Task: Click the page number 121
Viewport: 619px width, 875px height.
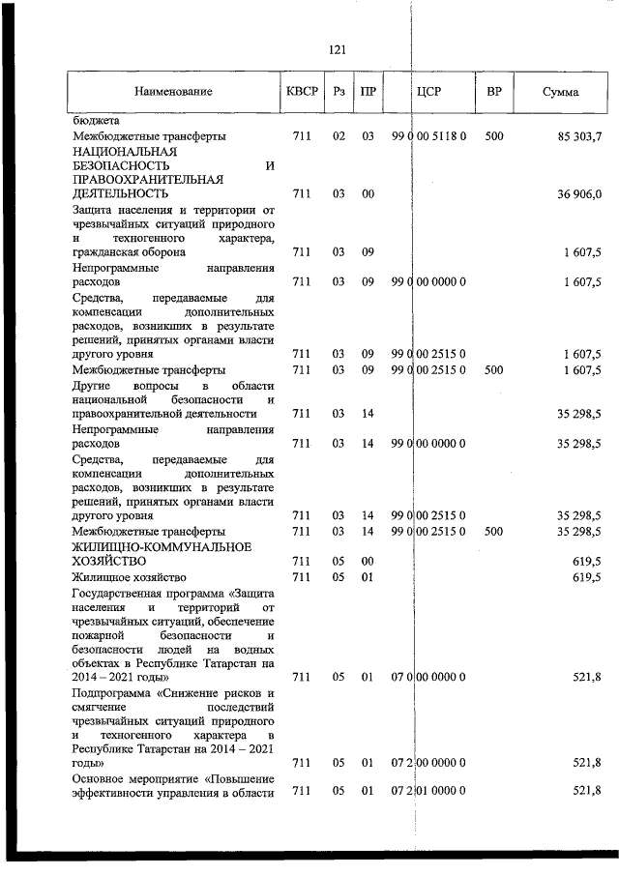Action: (x=338, y=50)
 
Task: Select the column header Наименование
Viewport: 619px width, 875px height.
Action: (x=174, y=92)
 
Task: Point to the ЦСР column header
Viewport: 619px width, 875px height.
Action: (x=427, y=92)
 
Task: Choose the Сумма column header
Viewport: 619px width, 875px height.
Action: (x=561, y=92)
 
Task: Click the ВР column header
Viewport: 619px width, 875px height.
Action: (x=494, y=92)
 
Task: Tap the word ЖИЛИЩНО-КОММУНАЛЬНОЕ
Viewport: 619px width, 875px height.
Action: (x=148, y=546)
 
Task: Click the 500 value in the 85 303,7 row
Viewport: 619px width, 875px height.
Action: (x=494, y=137)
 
